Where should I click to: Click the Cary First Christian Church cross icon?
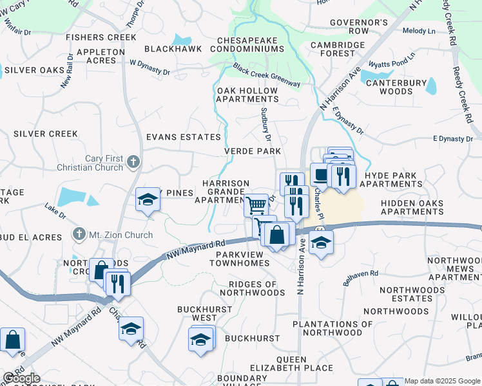133,161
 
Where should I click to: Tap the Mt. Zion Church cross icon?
79,235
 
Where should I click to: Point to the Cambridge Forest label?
338,50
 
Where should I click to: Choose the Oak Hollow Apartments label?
247,95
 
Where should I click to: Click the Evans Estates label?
184,137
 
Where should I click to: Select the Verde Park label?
253,151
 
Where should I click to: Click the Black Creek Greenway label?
267,75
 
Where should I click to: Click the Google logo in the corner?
21,378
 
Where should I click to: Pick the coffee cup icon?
320,173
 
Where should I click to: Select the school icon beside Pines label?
148,199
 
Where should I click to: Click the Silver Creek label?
46,134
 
